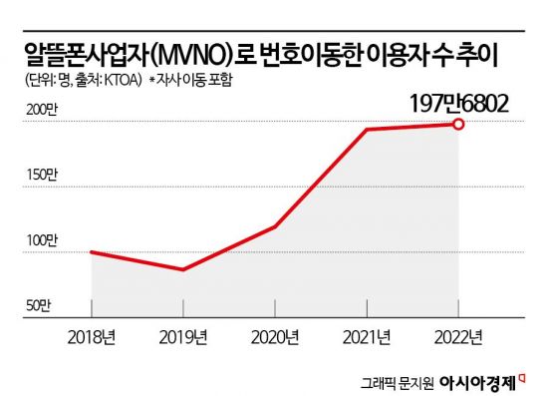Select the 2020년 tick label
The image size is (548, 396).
pyautogui.click(x=276, y=334)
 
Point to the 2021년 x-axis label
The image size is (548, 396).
pyautogui.click(x=367, y=334)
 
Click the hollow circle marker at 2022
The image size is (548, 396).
pyautogui.click(x=458, y=124)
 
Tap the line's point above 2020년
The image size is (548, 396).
pyautogui.click(x=276, y=226)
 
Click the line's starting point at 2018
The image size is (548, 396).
pyautogui.click(x=93, y=252)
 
